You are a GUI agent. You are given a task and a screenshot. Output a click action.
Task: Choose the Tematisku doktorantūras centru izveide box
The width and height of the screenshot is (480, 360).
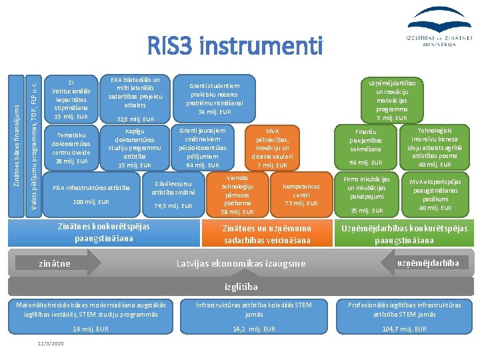coord(71,147)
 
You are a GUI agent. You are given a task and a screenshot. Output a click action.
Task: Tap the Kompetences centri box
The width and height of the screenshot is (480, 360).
coord(301,194)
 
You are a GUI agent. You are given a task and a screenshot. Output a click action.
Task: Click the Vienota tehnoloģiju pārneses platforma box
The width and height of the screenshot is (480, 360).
coord(237,194)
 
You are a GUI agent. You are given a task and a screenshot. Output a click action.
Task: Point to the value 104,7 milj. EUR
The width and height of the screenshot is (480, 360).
coord(405,329)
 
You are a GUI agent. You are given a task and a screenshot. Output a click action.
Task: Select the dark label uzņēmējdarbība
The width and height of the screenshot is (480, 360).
coord(427,263)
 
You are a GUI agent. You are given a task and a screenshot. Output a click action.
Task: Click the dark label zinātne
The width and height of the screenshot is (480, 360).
coord(56,264)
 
